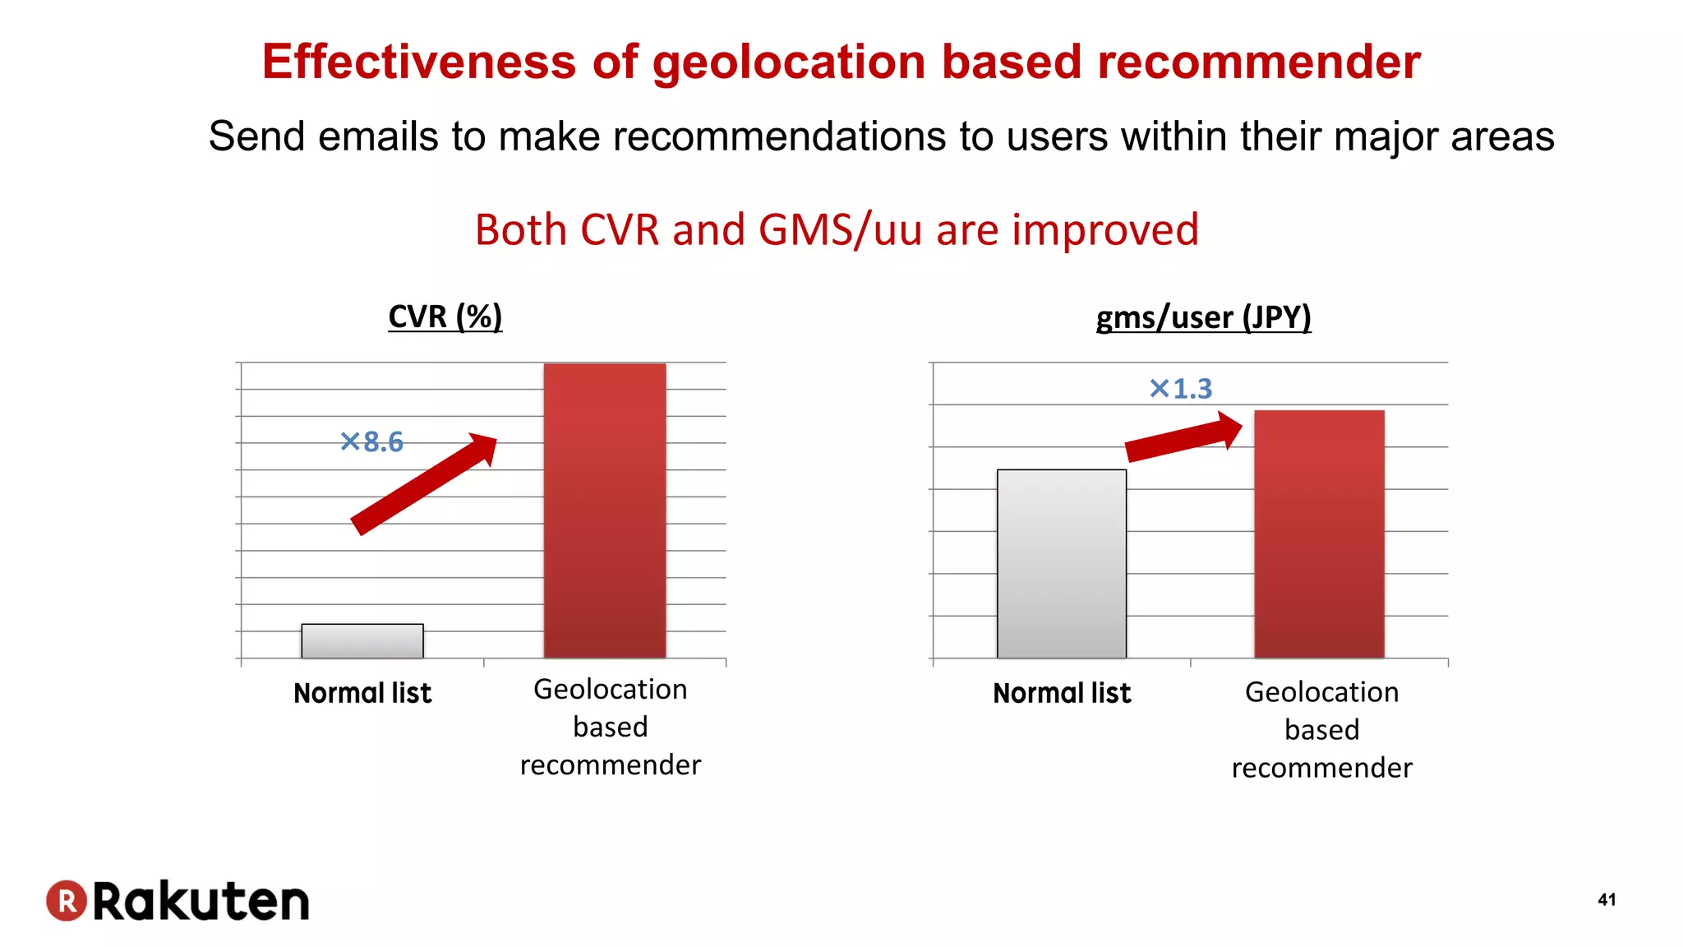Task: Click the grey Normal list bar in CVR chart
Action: pyautogui.click(x=362, y=641)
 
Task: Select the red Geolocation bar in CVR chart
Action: pyautogui.click(x=605, y=510)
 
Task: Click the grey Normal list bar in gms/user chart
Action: pyautogui.click(x=1062, y=564)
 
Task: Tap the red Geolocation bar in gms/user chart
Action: pyautogui.click(x=1319, y=534)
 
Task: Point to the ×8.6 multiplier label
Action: pyautogui.click(x=371, y=442)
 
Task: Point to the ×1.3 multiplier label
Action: pyautogui.click(x=1181, y=389)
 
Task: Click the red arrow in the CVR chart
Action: pyautogui.click(x=424, y=485)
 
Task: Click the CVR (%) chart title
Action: pyautogui.click(x=445, y=316)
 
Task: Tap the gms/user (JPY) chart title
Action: pyautogui.click(x=1203, y=317)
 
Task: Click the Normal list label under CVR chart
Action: pyautogui.click(x=362, y=693)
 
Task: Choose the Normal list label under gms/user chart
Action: pyautogui.click(x=1062, y=693)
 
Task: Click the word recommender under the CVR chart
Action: pyautogui.click(x=611, y=765)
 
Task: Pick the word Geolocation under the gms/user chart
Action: pyautogui.click(x=1321, y=692)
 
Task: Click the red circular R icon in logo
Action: pyautogui.click(x=67, y=900)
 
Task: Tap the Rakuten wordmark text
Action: pyautogui.click(x=201, y=901)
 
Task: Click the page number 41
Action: pyautogui.click(x=1607, y=899)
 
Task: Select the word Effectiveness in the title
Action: pyautogui.click(x=419, y=62)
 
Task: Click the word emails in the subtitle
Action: pyautogui.click(x=378, y=136)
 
